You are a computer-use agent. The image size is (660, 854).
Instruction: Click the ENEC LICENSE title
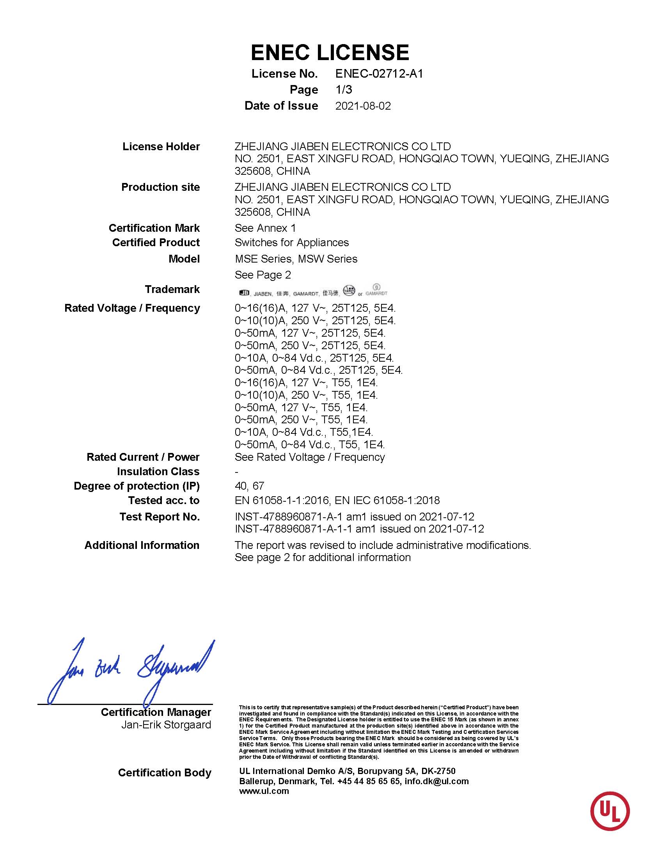[x=330, y=52]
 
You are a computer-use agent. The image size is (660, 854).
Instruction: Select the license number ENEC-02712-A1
[x=379, y=73]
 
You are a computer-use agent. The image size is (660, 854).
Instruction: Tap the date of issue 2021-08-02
[x=363, y=106]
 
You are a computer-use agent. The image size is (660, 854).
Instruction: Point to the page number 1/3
[x=344, y=90]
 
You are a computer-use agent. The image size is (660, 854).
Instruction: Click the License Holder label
[x=161, y=147]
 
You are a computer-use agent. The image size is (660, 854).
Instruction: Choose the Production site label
[x=160, y=187]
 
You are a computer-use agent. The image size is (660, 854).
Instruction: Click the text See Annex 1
[x=265, y=228]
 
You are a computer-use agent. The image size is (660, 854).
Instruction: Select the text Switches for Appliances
[x=291, y=242]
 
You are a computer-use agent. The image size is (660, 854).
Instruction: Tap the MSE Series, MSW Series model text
[x=296, y=259]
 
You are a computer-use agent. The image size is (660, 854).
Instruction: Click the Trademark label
[x=172, y=289]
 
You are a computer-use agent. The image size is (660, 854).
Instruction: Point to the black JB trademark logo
[x=244, y=293]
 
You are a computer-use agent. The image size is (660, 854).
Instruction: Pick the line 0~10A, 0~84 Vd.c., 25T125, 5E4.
[x=314, y=358]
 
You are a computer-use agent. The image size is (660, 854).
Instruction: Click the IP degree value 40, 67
[x=250, y=486]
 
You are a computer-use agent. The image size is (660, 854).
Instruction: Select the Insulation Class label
[x=158, y=472]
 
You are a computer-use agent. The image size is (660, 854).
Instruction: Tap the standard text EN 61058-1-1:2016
[x=279, y=500]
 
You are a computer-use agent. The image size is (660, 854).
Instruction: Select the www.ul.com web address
[x=264, y=791]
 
